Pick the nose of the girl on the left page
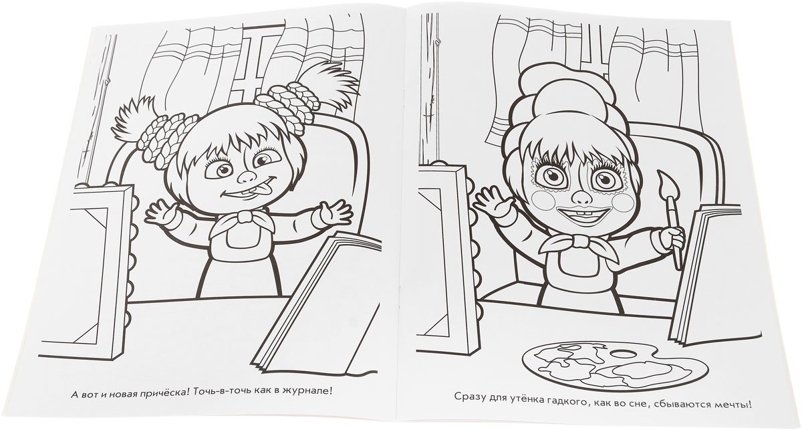[x=247, y=175]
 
